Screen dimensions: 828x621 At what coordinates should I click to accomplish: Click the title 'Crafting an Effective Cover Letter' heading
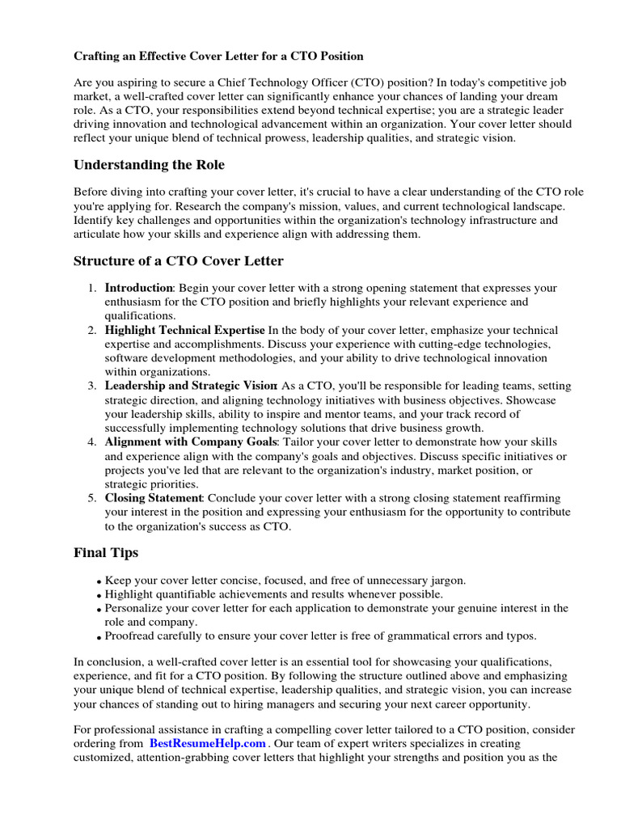[x=218, y=56]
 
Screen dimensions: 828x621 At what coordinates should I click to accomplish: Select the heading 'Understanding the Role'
[x=149, y=165]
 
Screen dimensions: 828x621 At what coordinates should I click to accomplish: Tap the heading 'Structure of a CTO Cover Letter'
[x=179, y=260]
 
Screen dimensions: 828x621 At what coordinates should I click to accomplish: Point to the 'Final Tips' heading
[x=106, y=553]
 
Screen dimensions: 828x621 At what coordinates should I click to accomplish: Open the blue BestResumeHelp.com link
[x=207, y=743]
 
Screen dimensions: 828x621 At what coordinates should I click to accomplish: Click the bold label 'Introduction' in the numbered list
[x=139, y=288]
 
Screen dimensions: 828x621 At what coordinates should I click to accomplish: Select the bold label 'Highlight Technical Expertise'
[x=184, y=330]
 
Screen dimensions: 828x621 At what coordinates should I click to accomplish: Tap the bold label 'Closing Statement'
[x=154, y=498]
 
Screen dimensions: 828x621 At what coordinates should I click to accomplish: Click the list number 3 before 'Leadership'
[x=92, y=386]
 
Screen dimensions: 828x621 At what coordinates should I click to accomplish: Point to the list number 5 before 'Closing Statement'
[x=92, y=498]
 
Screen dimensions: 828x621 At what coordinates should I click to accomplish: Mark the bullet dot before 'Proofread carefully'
[x=99, y=637]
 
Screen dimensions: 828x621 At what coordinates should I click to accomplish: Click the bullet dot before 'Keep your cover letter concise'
[x=99, y=582]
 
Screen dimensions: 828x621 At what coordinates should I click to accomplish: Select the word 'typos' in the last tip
[x=518, y=636]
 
